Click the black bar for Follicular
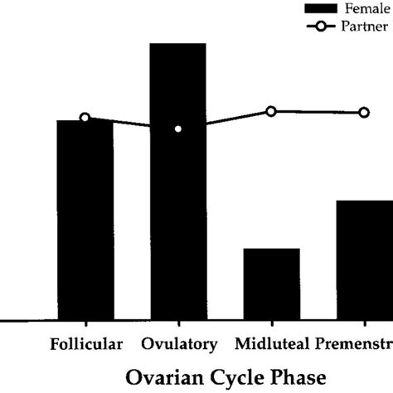point(85,220)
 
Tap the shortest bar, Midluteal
point(271,284)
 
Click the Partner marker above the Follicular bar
point(85,118)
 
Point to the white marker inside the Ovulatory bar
point(177,129)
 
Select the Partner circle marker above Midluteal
point(271,111)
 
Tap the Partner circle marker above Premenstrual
point(364,112)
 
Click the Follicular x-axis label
point(86,343)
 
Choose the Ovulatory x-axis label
point(179,343)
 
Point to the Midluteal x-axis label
point(271,343)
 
